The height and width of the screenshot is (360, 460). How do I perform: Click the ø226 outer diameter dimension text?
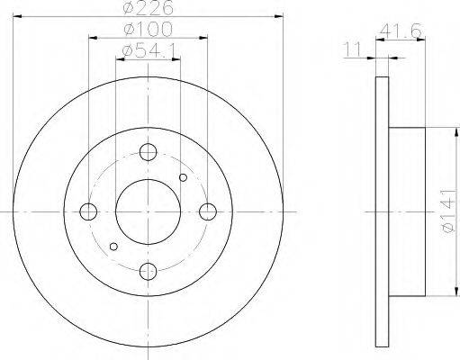(149, 7)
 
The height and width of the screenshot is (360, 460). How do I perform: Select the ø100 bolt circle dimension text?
(149, 29)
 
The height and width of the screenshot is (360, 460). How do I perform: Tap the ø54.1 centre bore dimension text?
(149, 50)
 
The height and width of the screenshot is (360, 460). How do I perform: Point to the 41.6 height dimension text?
(401, 31)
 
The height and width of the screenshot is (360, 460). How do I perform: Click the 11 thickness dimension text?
(352, 49)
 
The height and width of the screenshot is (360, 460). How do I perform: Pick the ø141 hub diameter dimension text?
(451, 211)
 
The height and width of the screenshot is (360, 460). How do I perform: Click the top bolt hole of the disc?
(149, 152)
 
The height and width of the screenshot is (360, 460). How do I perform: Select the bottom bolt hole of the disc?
(149, 271)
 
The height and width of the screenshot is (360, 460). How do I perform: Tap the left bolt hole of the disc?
(88, 211)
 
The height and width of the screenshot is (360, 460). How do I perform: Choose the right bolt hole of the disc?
(208, 211)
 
